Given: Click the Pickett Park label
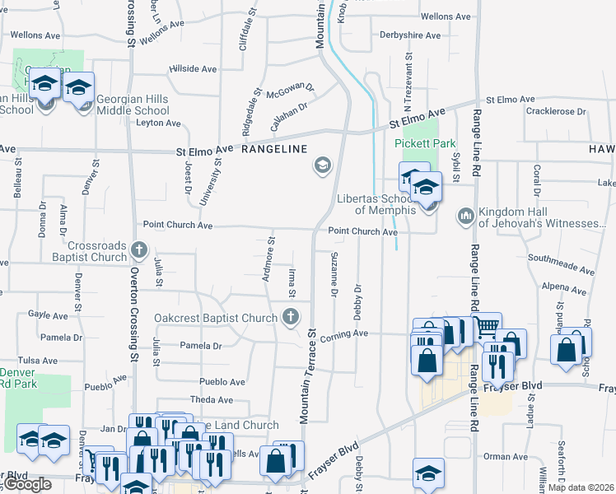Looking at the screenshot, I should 424,142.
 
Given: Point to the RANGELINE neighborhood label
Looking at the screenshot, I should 274,149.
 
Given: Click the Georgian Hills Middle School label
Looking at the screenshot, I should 133,105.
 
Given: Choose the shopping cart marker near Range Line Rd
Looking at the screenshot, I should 487,326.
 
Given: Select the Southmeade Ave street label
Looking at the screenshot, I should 561,264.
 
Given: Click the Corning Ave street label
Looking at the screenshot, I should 349,333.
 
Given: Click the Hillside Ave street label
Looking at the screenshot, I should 191,68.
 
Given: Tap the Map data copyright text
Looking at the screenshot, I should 581,487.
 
